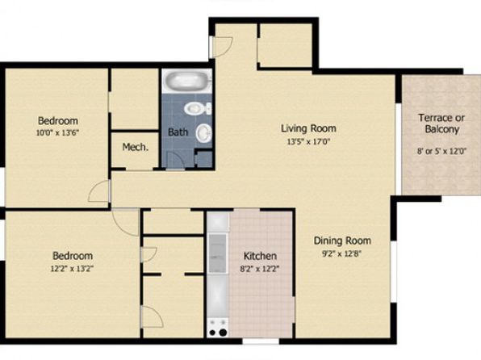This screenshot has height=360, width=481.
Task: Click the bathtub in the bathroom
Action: click(x=187, y=81)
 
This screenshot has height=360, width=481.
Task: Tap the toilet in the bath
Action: click(x=198, y=109)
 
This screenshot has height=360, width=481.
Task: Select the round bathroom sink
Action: click(x=203, y=133)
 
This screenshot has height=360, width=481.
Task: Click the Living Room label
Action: click(x=308, y=128)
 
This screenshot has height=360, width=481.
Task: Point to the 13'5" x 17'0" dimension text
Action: click(x=308, y=142)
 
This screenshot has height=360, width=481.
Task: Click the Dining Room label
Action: click(x=342, y=241)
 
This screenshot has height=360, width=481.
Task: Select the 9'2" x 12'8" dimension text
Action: click(x=341, y=253)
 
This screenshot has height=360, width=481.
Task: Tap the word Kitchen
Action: click(x=260, y=256)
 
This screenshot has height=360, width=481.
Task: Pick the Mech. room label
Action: click(x=136, y=147)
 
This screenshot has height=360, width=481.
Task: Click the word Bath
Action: click(x=178, y=132)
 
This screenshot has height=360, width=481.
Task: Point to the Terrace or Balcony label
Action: click(x=441, y=123)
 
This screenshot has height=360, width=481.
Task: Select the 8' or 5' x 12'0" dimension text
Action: click(x=441, y=151)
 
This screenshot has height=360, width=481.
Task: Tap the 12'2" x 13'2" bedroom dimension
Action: click(x=72, y=269)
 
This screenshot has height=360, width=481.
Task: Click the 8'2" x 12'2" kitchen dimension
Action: click(x=260, y=269)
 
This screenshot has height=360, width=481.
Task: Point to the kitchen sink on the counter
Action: click(x=217, y=253)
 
